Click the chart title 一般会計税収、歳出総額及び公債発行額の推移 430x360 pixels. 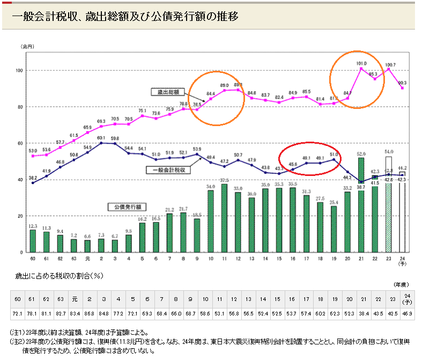[124, 17]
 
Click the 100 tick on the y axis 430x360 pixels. [18, 71]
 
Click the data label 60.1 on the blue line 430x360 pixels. [101, 138]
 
